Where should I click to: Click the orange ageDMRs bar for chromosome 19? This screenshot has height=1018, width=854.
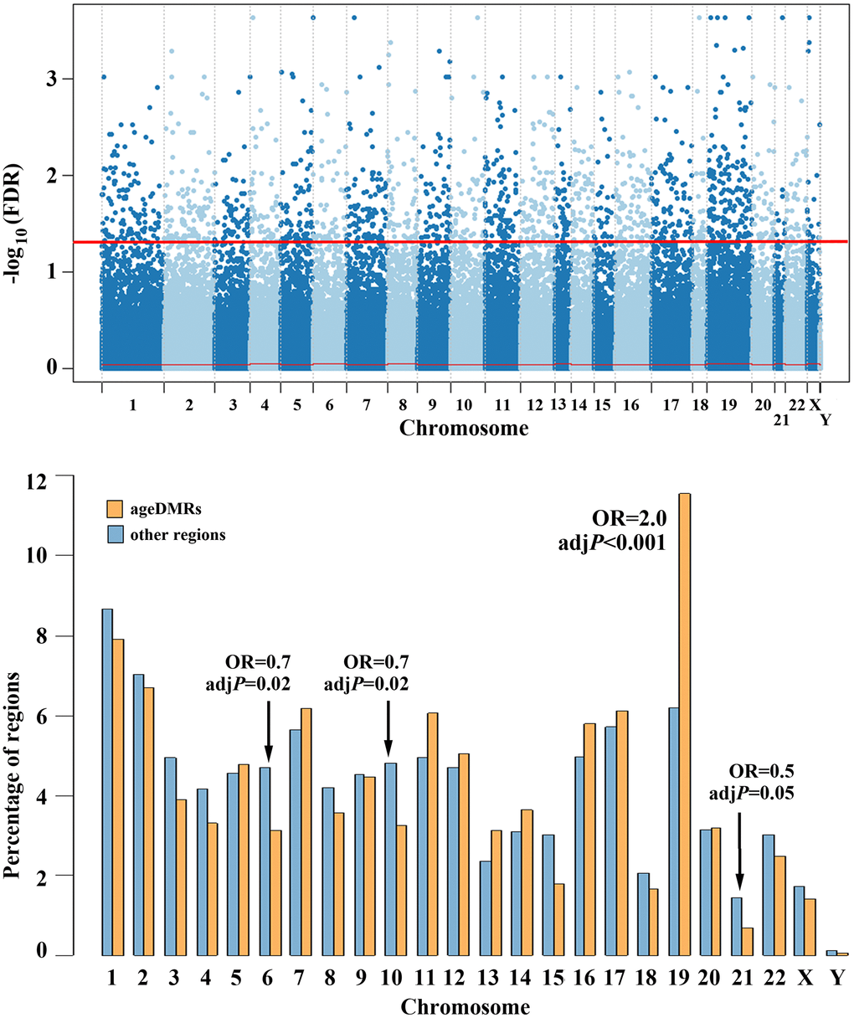coord(685,724)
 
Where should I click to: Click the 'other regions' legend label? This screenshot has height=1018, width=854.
coord(177,534)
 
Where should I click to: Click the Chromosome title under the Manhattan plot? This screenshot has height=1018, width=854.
coord(463,429)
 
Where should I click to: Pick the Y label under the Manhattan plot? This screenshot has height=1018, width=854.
coord(826,419)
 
